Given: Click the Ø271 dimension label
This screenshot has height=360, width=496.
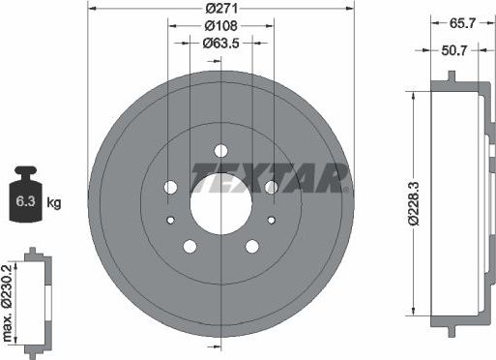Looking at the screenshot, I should (221, 9).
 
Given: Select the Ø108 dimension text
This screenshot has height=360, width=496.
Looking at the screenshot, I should (221, 26).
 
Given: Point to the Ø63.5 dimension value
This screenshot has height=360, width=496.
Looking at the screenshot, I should (221, 44).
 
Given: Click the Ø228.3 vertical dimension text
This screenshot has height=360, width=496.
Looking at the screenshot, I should (413, 202).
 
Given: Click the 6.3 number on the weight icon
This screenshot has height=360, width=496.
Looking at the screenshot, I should (26, 203).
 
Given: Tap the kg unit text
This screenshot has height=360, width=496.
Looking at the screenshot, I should (54, 203).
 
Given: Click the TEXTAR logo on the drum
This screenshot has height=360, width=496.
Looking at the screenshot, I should (270, 177).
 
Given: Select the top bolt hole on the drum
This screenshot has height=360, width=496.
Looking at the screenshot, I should (220, 150).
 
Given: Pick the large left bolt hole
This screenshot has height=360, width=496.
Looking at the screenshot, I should (171, 187).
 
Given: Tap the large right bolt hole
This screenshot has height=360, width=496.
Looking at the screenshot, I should (271, 187).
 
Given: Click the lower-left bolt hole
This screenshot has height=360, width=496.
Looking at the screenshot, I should (190, 246).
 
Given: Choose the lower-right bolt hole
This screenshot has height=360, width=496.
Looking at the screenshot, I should (251, 246).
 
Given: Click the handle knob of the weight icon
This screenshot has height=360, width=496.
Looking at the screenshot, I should (26, 173).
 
